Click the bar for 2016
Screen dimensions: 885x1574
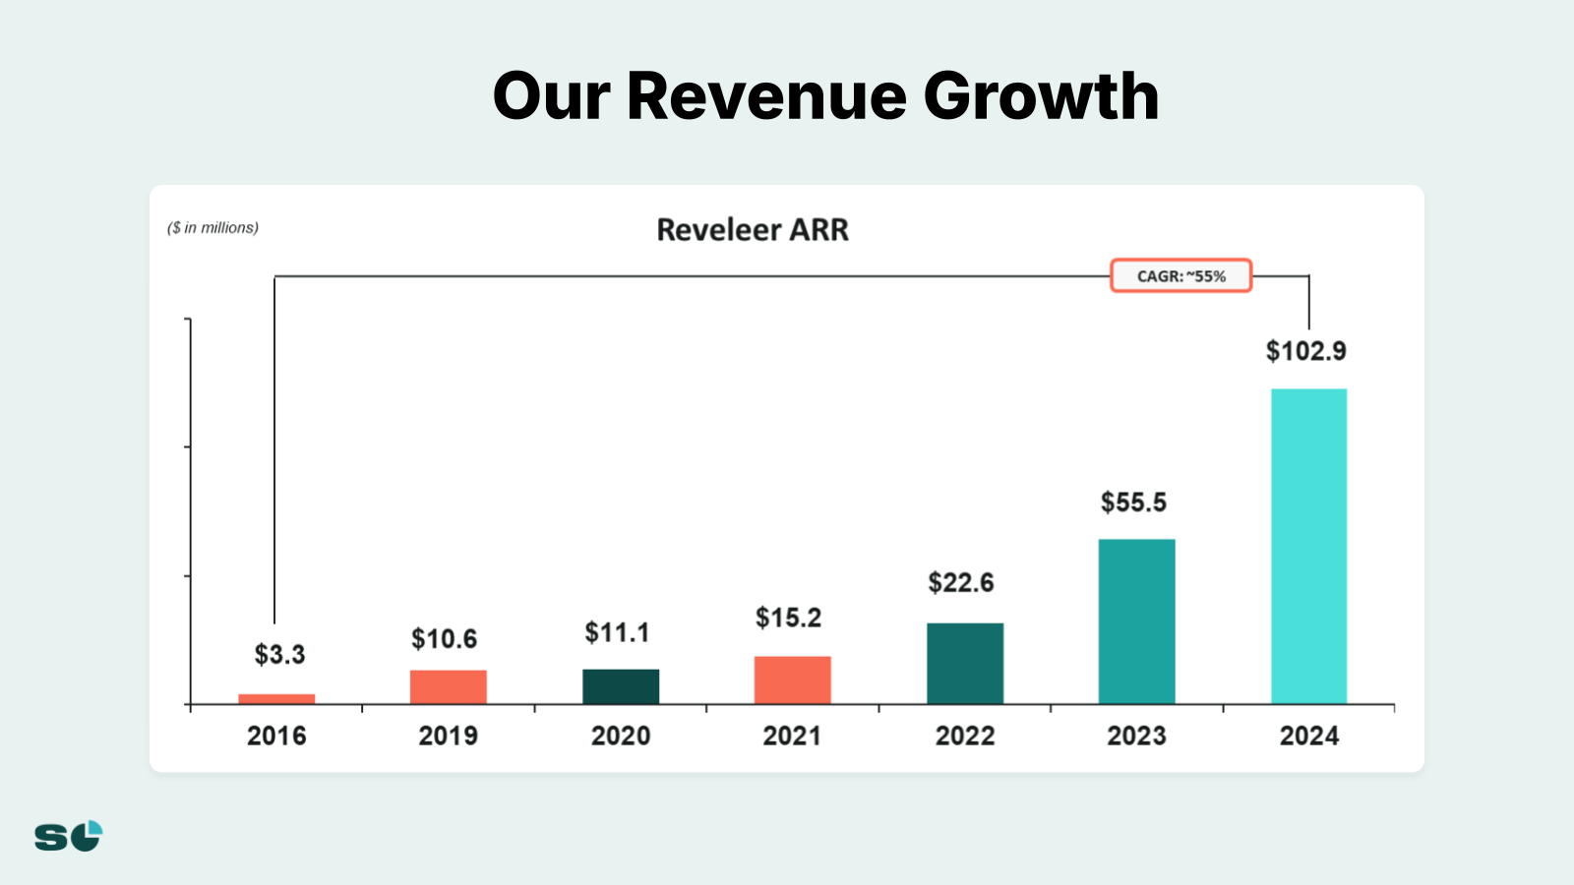[276, 699]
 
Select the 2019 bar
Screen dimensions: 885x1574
[449, 686]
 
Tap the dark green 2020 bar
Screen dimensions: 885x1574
[621, 686]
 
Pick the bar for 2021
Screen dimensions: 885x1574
[793, 679]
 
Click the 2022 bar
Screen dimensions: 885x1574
[965, 663]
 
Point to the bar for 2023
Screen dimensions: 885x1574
[1136, 621]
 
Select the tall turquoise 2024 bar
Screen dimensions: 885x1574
[1308, 546]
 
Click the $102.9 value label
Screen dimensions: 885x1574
[1305, 351]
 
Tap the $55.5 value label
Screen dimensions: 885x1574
[1133, 502]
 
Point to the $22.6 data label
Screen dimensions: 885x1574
[961, 582]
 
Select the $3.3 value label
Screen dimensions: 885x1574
[279, 654]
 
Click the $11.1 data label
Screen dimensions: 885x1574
[617, 632]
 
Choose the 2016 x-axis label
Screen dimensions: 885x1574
[276, 736]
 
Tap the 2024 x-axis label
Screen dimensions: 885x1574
[1308, 736]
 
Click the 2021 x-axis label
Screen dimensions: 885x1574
[792, 736]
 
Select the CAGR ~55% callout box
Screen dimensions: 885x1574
[1180, 276]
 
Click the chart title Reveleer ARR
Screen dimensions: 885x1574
[753, 229]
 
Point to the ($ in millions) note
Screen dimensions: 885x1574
[213, 227]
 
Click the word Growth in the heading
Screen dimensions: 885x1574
[1041, 96]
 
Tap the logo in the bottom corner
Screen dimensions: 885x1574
[69, 836]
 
